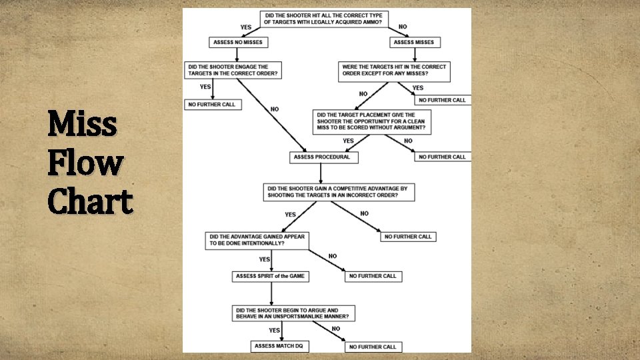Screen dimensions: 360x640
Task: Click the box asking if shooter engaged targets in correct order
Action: point(233,70)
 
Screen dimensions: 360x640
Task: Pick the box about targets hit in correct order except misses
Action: point(393,70)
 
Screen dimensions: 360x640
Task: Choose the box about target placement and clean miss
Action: point(373,121)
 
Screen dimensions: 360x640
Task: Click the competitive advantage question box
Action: point(339,192)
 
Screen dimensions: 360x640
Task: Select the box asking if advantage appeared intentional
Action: point(257,240)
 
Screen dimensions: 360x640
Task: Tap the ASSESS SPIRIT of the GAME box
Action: point(271,276)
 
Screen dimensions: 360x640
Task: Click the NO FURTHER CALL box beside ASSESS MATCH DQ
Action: point(373,347)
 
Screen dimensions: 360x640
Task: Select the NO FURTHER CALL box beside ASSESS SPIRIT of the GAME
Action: point(373,276)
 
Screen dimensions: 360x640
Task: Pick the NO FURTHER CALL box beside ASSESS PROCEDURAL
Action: point(442,157)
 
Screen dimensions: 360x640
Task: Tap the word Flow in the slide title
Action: point(85,163)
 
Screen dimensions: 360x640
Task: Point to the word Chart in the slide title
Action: point(90,201)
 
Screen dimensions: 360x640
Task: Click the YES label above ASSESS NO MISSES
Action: point(246,27)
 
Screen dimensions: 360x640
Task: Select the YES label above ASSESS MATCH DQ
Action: point(274,330)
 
